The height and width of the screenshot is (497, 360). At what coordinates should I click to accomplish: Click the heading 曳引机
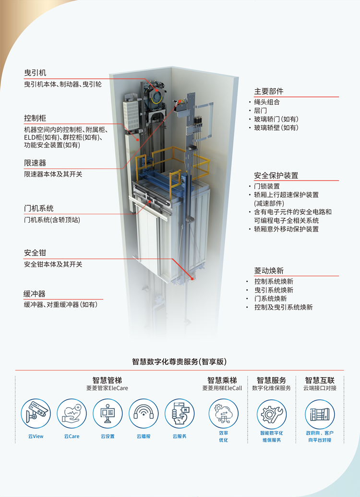click(x=35, y=73)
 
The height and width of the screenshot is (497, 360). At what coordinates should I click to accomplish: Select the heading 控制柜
click(x=35, y=118)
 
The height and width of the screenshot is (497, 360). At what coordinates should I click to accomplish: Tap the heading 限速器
click(x=35, y=163)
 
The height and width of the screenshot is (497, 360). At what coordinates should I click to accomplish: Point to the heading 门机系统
click(x=39, y=209)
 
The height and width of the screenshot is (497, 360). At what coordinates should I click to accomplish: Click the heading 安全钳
click(x=35, y=253)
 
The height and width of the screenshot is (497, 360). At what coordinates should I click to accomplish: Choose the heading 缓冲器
click(x=35, y=294)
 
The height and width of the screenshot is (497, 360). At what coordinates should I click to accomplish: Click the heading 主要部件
click(x=269, y=92)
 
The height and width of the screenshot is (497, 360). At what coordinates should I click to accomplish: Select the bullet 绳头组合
click(x=267, y=102)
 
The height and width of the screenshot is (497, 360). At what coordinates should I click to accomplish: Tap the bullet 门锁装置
click(x=267, y=186)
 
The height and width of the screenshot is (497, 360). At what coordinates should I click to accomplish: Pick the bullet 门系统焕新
click(x=270, y=298)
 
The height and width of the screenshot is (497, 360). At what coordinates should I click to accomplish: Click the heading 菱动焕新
click(x=269, y=271)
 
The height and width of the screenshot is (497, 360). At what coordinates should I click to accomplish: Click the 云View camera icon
click(x=36, y=414)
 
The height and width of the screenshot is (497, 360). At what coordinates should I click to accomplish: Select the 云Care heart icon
click(x=72, y=414)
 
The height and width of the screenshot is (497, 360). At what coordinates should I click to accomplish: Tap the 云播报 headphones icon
click(x=144, y=414)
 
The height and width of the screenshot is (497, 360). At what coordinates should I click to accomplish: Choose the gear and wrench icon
click(x=272, y=414)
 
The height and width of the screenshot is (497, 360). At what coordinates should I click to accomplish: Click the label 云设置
click(x=108, y=437)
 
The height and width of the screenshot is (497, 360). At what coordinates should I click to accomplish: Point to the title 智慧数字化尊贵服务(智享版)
click(x=180, y=362)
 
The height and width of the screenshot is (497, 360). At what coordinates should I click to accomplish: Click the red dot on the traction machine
click(x=156, y=89)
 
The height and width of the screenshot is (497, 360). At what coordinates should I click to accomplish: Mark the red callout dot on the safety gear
click(x=192, y=278)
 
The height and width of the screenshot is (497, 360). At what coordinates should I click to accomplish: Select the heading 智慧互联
click(x=320, y=380)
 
